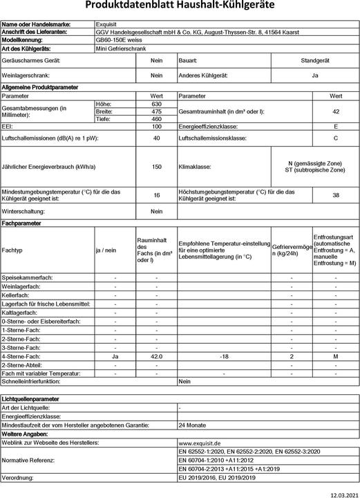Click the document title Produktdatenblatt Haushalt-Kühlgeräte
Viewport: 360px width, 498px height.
[x=179, y=6]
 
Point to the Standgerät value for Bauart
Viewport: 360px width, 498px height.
[x=315, y=61]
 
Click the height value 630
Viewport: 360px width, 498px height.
[x=156, y=104]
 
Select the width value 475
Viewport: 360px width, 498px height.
[x=156, y=111]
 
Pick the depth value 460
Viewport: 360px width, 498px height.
[x=156, y=119]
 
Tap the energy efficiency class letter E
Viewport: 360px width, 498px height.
[x=335, y=127]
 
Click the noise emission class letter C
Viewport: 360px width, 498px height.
[x=335, y=138]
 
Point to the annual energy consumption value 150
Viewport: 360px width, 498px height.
[x=156, y=167]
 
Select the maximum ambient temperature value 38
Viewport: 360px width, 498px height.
[x=335, y=195]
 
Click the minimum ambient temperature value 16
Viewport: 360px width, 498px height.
[x=156, y=195]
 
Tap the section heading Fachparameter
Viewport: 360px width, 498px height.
[x=21, y=223]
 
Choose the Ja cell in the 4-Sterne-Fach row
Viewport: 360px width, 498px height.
[x=115, y=356]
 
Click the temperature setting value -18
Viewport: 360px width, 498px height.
[x=223, y=356]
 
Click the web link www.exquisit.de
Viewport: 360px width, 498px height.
[x=199, y=442]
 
